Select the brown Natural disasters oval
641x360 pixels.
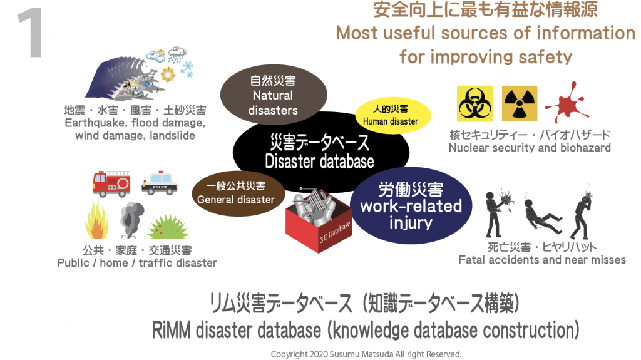[272, 96]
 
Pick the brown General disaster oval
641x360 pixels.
[236, 193]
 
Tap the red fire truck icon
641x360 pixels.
[112, 183]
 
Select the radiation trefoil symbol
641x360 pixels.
[519, 103]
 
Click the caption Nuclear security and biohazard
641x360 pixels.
[530, 148]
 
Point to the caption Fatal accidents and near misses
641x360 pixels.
[542, 259]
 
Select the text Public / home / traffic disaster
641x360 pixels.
[137, 263]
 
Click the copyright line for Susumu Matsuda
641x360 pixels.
[366, 354]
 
